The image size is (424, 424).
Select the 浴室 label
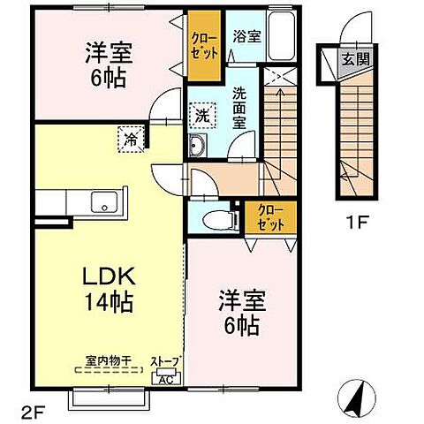246,36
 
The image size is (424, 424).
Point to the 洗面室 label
240,110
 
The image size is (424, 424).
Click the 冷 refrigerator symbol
131,137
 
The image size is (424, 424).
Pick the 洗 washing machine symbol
202,115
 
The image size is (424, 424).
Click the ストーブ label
165,362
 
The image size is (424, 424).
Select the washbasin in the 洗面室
196,147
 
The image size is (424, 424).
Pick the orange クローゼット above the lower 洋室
271,216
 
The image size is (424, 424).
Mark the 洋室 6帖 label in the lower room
238,314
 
